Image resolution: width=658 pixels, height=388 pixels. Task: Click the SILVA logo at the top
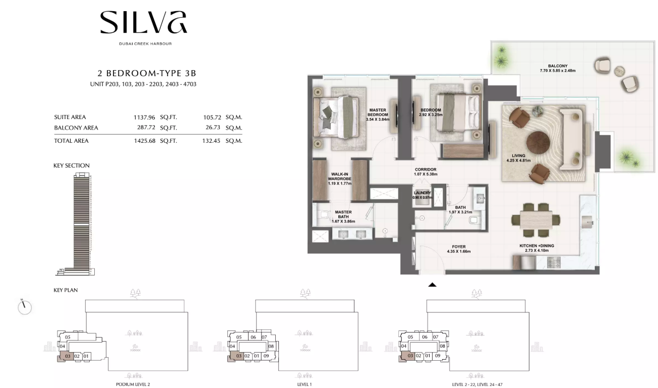pos(143,23)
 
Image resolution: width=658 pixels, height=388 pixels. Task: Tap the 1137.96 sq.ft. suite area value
pos(144,117)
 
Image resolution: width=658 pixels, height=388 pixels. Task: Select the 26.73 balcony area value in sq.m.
pos(212,128)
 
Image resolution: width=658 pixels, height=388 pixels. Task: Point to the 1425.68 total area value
pos(145,141)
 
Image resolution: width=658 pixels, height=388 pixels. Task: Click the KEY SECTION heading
pos(72,165)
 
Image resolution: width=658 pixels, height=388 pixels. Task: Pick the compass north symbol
pos(25,307)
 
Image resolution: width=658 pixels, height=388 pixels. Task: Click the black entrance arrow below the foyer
pos(432,285)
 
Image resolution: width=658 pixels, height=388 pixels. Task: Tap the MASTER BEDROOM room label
pos(378,113)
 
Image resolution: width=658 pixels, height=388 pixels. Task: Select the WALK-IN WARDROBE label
pos(339,177)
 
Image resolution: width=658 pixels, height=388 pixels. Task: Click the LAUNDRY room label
pos(422,193)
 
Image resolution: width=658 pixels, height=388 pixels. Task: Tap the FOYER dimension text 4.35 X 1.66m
pos(458,251)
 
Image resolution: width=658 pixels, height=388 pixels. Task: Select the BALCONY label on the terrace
pos(558,66)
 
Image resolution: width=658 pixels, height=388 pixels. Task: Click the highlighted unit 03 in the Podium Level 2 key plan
pos(68,356)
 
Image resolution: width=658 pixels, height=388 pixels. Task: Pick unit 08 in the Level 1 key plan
pos(271,346)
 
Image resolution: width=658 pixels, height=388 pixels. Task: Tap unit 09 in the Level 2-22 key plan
pos(437,356)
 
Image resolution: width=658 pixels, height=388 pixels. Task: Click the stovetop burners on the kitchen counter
pos(554,262)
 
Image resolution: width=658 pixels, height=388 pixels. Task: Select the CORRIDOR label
pos(426,170)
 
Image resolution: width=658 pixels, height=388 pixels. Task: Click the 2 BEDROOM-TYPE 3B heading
pos(147,73)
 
